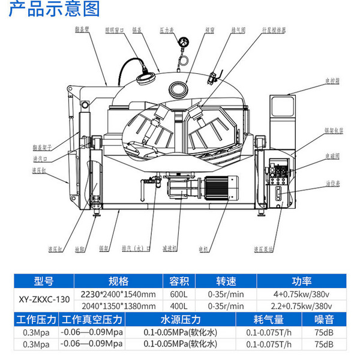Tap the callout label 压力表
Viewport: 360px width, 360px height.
coord(183,28)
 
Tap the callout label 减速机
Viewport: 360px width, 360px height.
coord(169,247)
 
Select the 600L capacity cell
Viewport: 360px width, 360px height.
coord(179,294)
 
